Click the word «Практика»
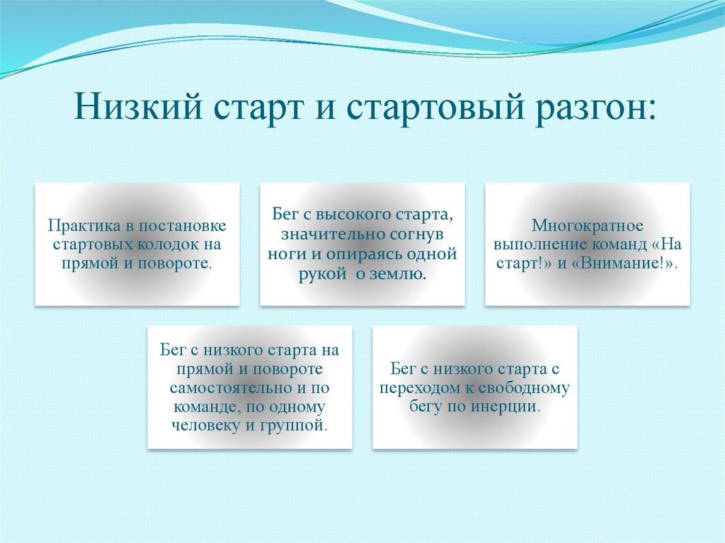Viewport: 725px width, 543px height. pos(84,225)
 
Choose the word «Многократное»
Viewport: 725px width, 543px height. pos(587,225)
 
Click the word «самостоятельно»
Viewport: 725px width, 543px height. pos(232,387)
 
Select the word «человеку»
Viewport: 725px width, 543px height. pos(205,425)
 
